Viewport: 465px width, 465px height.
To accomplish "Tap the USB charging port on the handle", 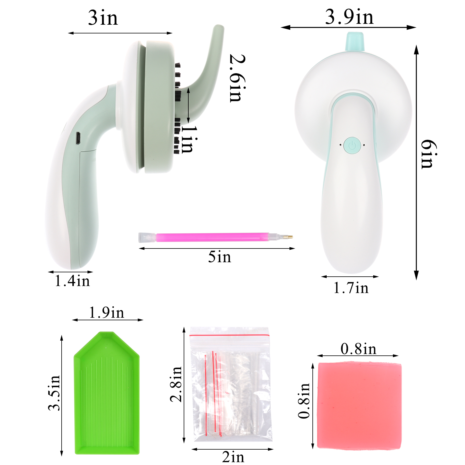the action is point(78,138).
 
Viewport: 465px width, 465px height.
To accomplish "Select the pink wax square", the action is point(359,405).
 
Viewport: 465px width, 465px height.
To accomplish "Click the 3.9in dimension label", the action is point(349,17).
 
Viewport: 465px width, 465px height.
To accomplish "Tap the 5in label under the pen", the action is point(219,257).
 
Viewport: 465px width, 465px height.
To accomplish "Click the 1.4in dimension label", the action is point(72,281).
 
